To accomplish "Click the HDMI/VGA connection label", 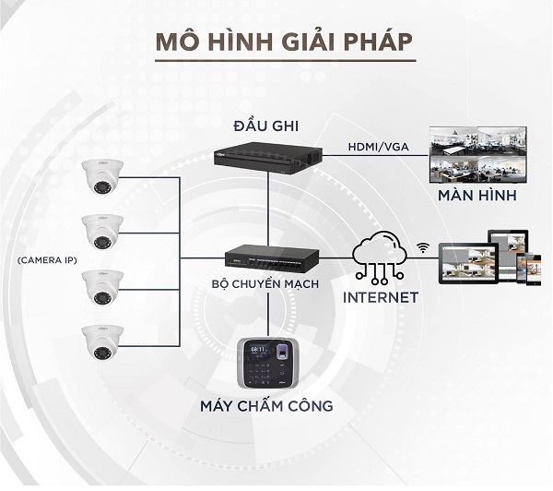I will [379, 147].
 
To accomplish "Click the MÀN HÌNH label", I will [476, 198].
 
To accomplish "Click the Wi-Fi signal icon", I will [424, 246].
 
